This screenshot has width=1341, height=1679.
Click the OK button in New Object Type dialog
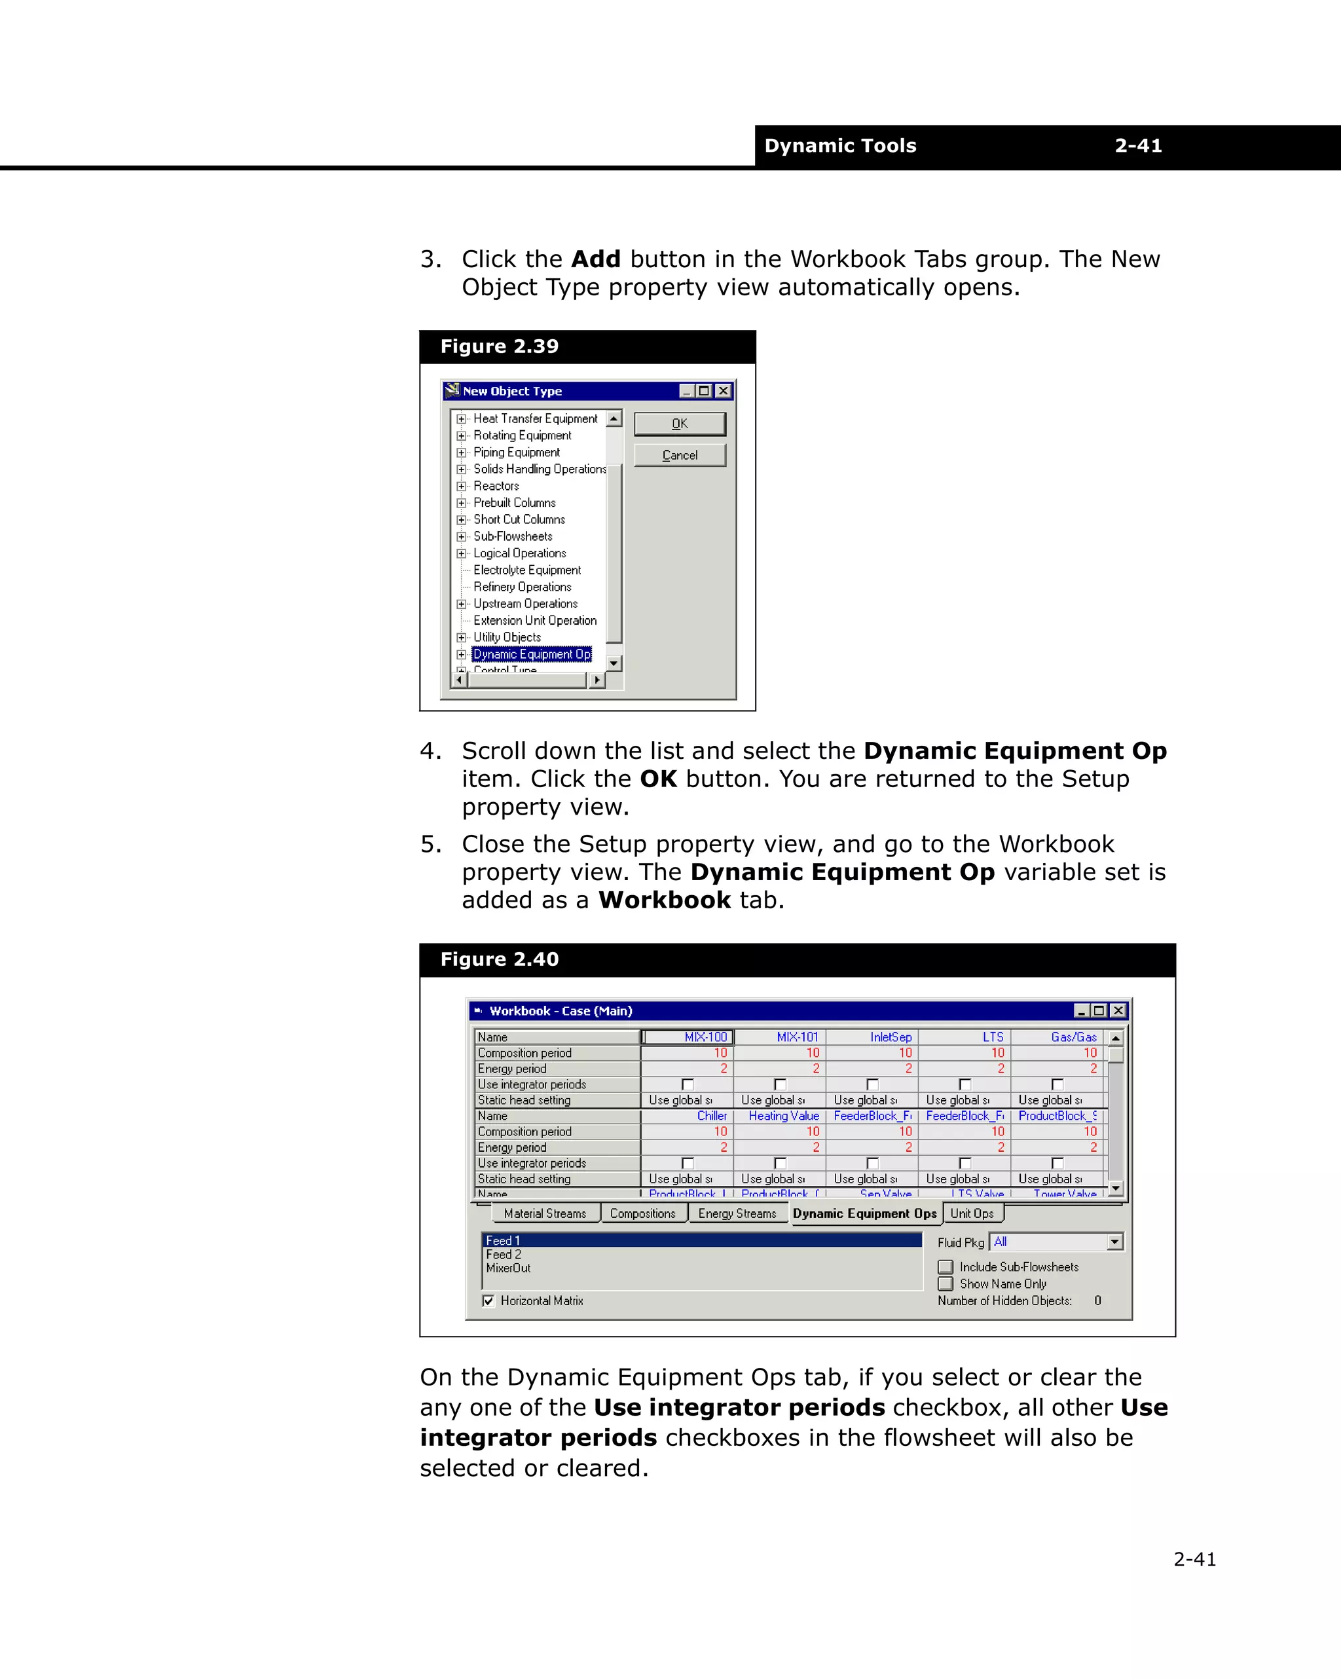tap(679, 424)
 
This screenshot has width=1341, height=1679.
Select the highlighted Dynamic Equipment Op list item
tap(532, 654)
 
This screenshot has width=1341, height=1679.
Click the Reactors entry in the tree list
tap(496, 486)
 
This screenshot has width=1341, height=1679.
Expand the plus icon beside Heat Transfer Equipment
tap(461, 419)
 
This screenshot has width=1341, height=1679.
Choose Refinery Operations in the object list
tap(522, 587)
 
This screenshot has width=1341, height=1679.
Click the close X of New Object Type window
tap(724, 391)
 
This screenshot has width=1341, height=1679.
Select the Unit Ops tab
tap(972, 1213)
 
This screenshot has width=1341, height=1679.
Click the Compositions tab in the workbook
tap(642, 1213)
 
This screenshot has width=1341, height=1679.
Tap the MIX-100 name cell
tap(687, 1037)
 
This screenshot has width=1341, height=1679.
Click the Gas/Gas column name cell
tap(1057, 1037)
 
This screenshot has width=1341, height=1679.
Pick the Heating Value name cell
tap(781, 1116)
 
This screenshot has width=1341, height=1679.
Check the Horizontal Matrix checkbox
tap(488, 1301)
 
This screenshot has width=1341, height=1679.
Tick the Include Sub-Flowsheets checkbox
tap(946, 1267)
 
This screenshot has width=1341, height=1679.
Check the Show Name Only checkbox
tap(946, 1283)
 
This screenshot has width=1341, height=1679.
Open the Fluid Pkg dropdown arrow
tap(1114, 1242)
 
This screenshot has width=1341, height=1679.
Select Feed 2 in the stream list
tap(504, 1255)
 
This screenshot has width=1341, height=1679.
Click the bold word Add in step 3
tap(596, 259)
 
